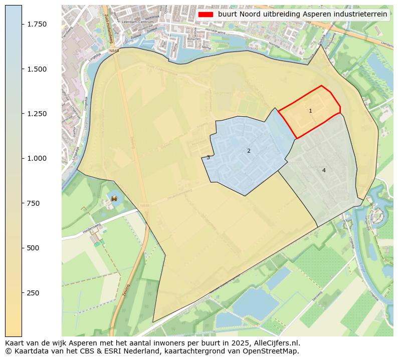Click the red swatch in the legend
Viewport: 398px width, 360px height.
point(206,14)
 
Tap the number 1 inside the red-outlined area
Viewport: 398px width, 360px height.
point(310,111)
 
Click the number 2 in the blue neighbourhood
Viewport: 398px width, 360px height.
point(249,151)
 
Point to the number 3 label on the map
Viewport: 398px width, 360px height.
point(208,157)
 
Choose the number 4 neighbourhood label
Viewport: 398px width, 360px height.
point(324,170)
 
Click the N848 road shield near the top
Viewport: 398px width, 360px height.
point(113,51)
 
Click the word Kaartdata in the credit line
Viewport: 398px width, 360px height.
point(28,351)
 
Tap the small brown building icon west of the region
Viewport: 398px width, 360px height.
point(114,198)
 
